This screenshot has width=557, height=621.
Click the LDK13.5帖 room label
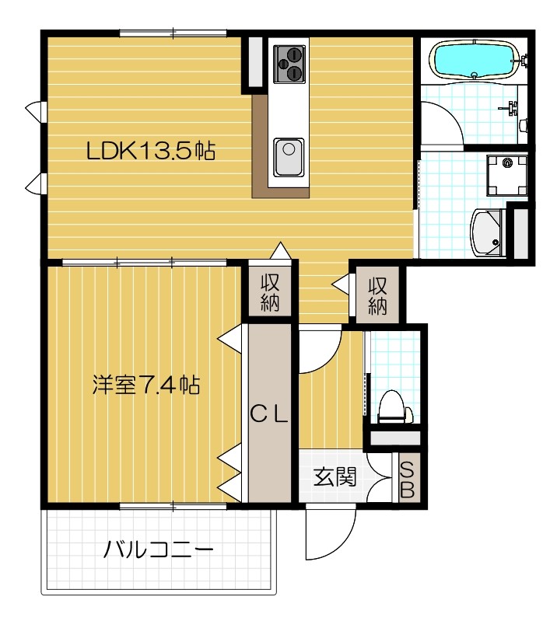[x=151, y=151]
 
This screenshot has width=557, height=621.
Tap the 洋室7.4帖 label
[x=145, y=385]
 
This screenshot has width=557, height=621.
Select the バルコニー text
[x=159, y=552]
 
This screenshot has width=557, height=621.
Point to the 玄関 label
[x=335, y=476]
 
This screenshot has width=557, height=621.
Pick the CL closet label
[x=269, y=414]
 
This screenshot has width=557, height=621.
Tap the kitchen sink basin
[x=289, y=151]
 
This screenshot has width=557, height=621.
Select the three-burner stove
[x=289, y=62]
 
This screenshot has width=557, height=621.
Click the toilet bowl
[x=393, y=408]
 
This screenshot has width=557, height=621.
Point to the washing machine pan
[x=506, y=174]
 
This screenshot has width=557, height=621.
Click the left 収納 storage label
[x=269, y=293]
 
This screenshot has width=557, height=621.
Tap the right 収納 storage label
[x=377, y=295]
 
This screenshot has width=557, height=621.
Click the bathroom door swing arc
[x=440, y=124]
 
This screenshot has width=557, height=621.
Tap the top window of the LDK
[x=173, y=33]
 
